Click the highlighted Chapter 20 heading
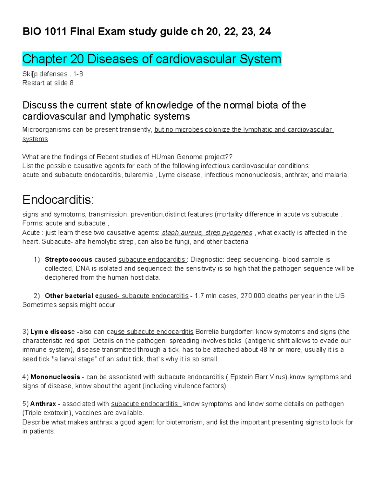(x=152, y=59)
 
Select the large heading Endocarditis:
(x=58, y=200)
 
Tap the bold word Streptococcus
(x=69, y=259)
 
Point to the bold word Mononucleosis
(x=55, y=377)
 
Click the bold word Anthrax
(x=43, y=404)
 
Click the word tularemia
(x=139, y=175)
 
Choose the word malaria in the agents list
(x=336, y=175)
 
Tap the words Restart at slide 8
(x=48, y=83)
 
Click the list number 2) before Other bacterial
(x=37, y=296)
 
